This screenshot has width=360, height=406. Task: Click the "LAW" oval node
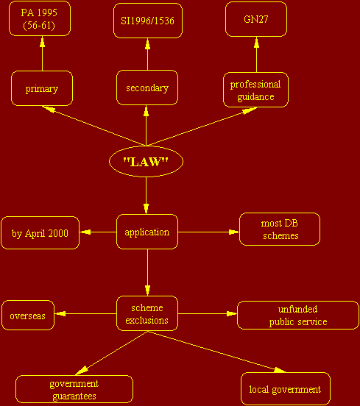(x=146, y=161)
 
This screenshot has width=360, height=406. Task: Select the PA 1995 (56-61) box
(x=40, y=18)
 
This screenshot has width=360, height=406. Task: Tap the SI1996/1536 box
(x=148, y=21)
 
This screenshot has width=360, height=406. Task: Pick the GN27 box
(x=256, y=19)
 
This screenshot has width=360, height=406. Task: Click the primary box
(x=42, y=88)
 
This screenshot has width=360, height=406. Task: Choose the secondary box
(x=147, y=88)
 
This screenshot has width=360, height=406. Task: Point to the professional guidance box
(x=255, y=90)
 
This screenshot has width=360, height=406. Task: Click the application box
(x=147, y=232)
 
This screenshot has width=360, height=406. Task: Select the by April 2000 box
(x=40, y=232)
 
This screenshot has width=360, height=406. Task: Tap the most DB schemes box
(x=280, y=229)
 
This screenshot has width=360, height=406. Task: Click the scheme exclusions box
(x=147, y=313)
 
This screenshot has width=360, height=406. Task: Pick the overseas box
(x=28, y=315)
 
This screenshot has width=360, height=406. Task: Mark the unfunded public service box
(x=298, y=315)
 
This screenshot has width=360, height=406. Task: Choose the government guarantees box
(x=74, y=389)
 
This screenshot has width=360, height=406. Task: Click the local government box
(x=286, y=388)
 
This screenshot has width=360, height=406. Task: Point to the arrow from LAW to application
(x=146, y=196)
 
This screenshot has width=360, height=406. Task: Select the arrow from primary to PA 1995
(x=42, y=54)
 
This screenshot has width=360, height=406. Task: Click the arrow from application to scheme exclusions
(x=147, y=272)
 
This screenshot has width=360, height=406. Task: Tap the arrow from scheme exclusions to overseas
(x=85, y=313)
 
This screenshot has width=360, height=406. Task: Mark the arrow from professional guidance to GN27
(x=257, y=54)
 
